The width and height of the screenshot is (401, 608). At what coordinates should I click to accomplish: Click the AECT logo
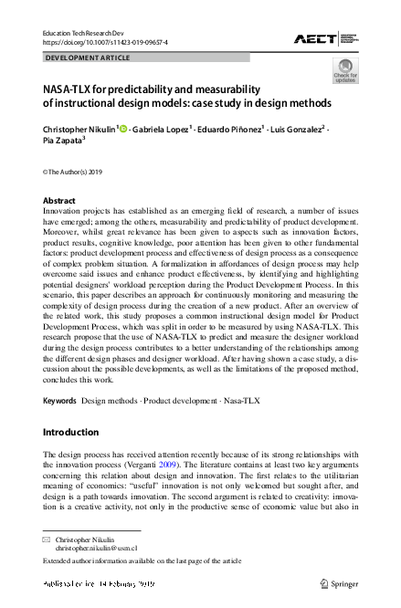324,38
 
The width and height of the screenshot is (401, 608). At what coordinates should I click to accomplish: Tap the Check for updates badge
345,70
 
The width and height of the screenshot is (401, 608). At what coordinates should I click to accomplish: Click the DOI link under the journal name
105,42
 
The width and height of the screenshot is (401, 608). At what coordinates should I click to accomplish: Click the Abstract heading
59,200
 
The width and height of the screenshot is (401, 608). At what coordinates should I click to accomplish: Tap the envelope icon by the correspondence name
47,540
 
